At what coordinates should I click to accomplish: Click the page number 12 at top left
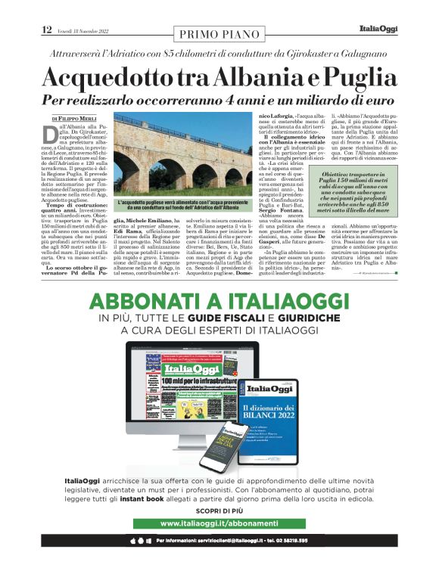pyautogui.click(x=47, y=29)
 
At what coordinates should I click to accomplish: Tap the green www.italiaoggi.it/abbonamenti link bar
pyautogui.click(x=219, y=523)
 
